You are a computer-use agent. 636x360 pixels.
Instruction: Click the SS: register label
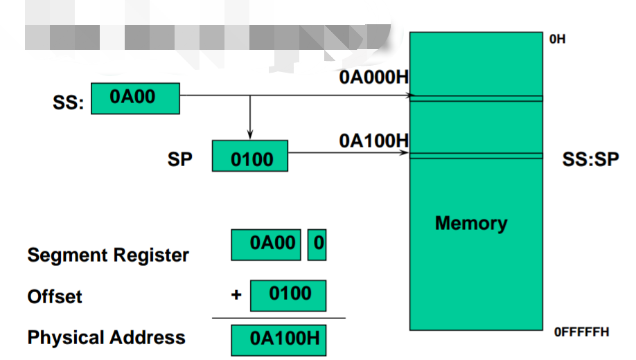[x=68, y=103]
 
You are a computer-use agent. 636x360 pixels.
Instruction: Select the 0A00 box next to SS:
[x=135, y=98]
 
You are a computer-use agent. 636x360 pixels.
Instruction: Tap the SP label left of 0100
[x=179, y=159]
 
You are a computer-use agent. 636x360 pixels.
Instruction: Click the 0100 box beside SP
[x=249, y=156]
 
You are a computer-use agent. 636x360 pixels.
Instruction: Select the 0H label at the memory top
[x=557, y=39]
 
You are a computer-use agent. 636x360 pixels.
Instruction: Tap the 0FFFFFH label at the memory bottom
[x=581, y=332]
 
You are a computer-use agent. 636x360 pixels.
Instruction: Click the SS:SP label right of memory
[x=590, y=159]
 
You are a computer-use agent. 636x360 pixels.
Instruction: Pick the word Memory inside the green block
[x=471, y=223]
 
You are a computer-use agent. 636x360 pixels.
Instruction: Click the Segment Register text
[x=108, y=255]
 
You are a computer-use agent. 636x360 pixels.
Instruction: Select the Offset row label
[x=55, y=297]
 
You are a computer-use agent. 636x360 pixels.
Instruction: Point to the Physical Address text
[x=107, y=338]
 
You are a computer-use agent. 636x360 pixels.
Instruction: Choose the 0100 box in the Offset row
[x=288, y=296]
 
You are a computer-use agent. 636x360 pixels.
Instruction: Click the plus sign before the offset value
[x=236, y=295]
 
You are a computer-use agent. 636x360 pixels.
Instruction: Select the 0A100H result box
[x=279, y=339]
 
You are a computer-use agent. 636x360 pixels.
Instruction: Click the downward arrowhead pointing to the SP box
[x=249, y=134]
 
